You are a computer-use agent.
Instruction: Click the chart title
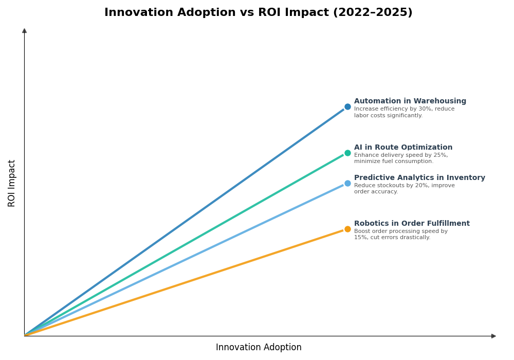coord(258,13)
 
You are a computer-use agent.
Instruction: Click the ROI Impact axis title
coord(12,183)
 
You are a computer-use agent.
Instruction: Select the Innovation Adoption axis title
coord(259,348)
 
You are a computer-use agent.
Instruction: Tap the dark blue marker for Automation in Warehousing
coord(347,107)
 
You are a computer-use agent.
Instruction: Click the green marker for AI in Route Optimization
coord(347,153)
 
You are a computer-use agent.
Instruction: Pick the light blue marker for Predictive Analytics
coord(347,183)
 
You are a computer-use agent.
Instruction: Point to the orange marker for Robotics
coord(347,229)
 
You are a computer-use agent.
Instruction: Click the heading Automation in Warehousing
coord(410,101)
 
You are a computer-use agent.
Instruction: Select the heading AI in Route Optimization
coord(403,148)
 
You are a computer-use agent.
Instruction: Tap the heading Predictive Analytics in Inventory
coord(419,178)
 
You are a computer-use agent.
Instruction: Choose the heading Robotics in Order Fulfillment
coord(412,224)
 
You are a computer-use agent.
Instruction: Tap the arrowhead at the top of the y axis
coord(24,31)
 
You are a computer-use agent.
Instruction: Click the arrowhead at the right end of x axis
coord(493,336)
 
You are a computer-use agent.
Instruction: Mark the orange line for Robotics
coord(185,282)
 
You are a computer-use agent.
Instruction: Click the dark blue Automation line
coord(185,221)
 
